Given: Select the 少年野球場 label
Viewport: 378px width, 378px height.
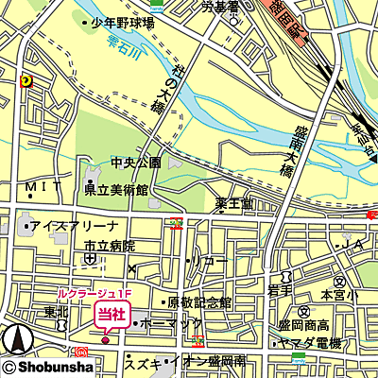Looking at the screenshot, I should tap(123, 23).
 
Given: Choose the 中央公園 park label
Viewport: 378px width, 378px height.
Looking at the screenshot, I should tap(135, 163).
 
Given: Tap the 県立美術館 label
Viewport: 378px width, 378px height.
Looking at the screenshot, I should tap(116, 190).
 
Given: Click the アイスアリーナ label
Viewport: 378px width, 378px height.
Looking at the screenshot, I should tap(74, 227).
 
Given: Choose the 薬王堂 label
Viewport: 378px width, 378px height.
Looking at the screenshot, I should tap(233, 203).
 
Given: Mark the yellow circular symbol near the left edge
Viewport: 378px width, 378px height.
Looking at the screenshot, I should tap(25, 80).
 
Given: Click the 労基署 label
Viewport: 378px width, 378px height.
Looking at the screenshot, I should tap(219, 8).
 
